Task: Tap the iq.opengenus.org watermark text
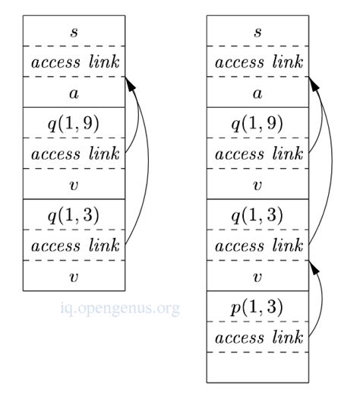[120, 308]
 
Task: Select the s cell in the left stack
[74, 31]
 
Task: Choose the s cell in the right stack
[257, 31]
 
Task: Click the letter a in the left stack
[74, 93]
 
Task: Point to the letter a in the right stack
[257, 93]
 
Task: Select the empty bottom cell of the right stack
[257, 366]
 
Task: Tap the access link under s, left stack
[74, 62]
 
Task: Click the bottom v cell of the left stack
[74, 276]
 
